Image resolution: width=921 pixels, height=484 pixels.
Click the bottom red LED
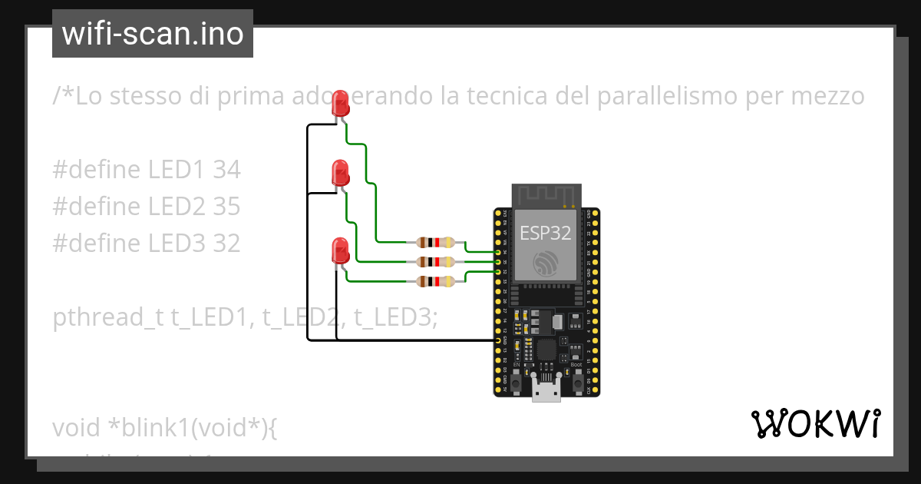[339, 250]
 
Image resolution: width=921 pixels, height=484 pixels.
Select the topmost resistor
[435, 242]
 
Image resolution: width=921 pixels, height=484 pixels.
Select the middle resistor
[435, 262]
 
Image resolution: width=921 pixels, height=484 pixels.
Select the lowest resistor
[435, 282]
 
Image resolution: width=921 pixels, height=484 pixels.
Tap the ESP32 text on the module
[545, 233]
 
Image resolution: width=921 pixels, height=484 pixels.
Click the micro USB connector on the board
[546, 393]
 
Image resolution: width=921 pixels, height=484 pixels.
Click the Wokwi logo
[815, 423]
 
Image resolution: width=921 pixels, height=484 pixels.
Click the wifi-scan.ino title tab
[153, 34]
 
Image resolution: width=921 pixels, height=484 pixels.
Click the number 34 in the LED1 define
[226, 170]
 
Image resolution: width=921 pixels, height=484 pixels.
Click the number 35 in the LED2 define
[226, 206]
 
